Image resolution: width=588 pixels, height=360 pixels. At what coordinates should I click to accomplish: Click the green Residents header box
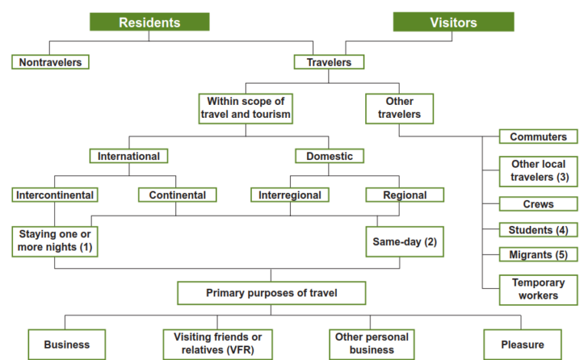click(149, 22)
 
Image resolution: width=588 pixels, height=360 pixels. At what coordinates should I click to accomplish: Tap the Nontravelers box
click(51, 61)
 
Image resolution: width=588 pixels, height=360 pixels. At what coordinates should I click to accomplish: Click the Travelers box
click(329, 61)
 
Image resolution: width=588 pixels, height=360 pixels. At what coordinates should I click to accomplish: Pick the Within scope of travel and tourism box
click(245, 108)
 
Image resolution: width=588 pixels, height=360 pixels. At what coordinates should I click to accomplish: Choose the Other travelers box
click(400, 108)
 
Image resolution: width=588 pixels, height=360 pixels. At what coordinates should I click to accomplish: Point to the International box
click(129, 156)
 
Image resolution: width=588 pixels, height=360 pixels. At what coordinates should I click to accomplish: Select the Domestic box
click(329, 156)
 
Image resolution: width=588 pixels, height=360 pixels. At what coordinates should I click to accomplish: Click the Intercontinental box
click(55, 195)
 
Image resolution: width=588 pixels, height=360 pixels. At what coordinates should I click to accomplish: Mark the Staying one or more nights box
click(55, 241)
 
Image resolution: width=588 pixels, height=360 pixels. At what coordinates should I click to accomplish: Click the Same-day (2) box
click(403, 241)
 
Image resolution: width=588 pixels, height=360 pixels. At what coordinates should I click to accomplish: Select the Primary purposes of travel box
click(271, 293)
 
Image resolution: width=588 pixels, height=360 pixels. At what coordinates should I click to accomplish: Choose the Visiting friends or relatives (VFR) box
click(217, 344)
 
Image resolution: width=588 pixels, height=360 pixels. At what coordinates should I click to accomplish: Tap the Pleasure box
click(523, 345)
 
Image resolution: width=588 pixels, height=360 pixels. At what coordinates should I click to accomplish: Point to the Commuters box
click(538, 137)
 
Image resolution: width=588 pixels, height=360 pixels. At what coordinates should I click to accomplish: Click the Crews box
click(538, 205)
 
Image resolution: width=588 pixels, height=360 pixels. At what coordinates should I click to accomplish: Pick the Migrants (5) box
click(538, 254)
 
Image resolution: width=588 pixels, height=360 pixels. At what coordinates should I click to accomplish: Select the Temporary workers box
click(538, 290)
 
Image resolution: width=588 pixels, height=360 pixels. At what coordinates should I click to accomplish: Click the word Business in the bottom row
click(67, 345)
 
